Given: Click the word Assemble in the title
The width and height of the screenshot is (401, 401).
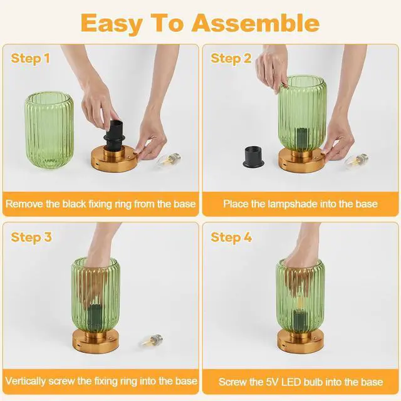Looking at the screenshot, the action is point(256,24).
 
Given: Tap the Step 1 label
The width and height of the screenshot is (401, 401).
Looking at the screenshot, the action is point(30,58).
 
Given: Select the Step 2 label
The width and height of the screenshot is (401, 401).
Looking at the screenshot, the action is point(231,58).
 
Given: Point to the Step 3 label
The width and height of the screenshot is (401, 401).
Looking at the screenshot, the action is point(31,237).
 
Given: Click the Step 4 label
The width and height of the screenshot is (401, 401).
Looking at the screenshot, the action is point(231,237).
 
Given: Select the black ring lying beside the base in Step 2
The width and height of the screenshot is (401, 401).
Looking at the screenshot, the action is point(254,156).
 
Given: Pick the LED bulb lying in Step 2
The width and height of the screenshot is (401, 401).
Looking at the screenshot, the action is point(357,160).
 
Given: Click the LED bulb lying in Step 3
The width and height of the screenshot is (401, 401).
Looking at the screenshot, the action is point(151,341).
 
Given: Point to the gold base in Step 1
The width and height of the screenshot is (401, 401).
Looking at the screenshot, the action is point(114,159).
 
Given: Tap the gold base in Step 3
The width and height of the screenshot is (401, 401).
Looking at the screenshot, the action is point(96,341).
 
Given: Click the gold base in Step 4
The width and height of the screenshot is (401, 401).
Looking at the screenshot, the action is point(300,341).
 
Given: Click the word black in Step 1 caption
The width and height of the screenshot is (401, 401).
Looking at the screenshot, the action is point(74,204).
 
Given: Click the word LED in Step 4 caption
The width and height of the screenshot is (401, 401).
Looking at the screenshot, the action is point(291,382).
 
